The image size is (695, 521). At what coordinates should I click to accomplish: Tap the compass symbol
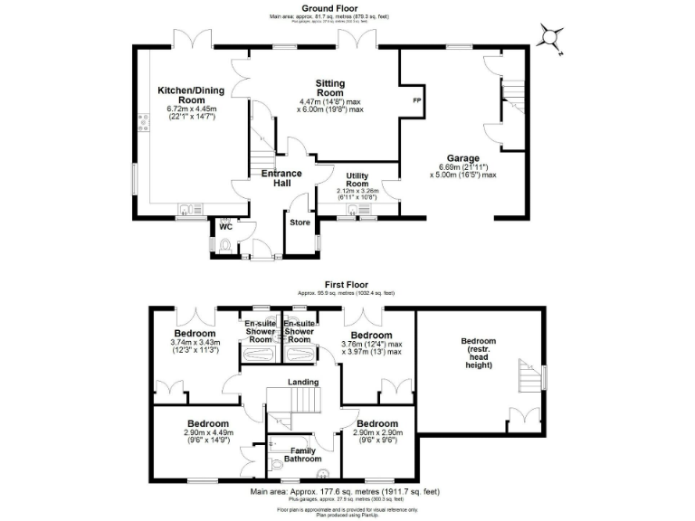[550, 37]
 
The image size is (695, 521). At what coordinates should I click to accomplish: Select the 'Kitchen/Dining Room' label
[192, 95]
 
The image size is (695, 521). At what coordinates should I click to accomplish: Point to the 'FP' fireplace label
[417, 99]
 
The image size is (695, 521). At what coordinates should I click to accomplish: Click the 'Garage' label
[462, 157]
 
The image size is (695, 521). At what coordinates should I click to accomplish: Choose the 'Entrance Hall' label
[282, 178]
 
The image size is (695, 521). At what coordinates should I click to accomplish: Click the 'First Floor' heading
[347, 286]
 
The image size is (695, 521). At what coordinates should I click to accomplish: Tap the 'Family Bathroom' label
[302, 453]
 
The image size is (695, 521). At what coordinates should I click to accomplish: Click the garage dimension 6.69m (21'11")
[462, 167]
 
